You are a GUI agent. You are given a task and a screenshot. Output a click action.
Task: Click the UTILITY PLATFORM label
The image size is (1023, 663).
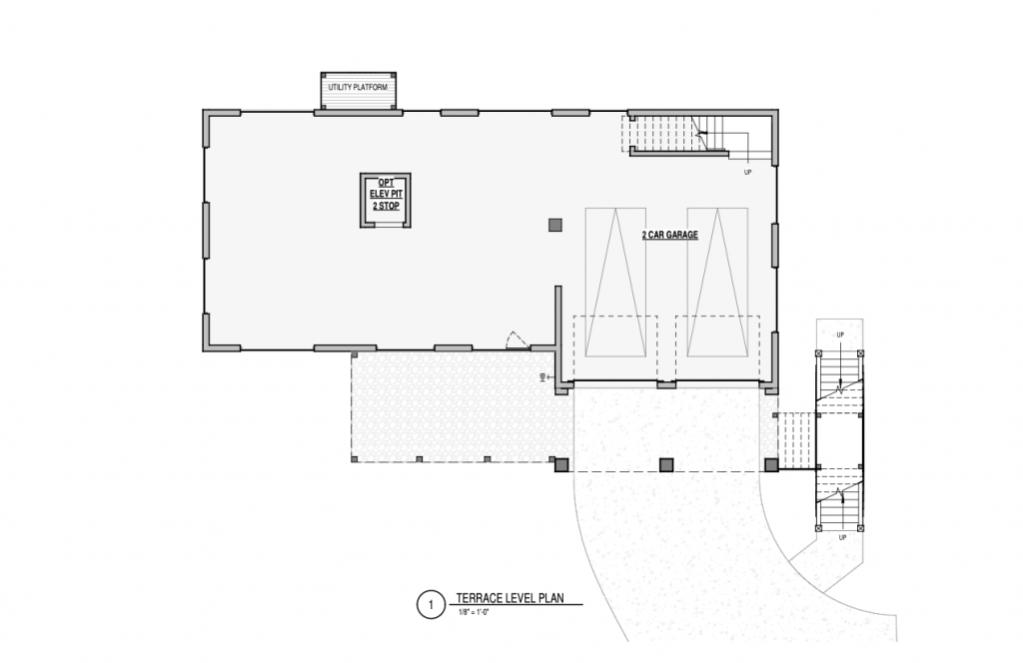coord(358,87)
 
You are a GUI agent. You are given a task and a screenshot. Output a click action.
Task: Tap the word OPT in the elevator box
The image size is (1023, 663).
coord(386,183)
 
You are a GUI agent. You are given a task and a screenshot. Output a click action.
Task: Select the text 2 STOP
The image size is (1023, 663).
coord(386,206)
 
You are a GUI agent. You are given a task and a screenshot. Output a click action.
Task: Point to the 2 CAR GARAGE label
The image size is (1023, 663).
coord(670,235)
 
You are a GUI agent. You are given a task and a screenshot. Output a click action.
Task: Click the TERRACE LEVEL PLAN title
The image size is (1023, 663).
coord(510,598)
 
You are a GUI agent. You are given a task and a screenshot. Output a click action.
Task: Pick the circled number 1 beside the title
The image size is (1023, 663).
coord(431,605)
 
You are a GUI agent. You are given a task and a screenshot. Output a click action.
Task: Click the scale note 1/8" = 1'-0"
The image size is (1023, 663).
coord(475,612)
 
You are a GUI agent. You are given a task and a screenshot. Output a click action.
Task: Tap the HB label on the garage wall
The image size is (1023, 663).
coord(542,377)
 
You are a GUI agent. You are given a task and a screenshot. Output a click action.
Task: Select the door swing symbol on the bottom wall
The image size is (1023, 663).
coord(518,340)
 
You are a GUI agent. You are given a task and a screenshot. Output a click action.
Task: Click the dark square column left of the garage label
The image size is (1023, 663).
coord(555,225)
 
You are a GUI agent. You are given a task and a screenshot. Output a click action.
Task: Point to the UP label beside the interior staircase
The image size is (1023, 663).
coord(747,173)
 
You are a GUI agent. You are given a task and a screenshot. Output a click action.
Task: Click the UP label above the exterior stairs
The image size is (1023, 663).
coord(840,335)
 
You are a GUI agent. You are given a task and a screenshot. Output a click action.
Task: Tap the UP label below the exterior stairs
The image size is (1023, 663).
coord(842,538)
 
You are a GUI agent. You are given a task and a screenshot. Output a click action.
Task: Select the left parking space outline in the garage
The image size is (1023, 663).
coord(615,283)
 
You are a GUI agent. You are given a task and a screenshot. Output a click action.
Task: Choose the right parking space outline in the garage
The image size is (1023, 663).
coord(717,283)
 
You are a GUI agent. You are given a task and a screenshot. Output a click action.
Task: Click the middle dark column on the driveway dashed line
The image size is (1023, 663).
coord(666,465)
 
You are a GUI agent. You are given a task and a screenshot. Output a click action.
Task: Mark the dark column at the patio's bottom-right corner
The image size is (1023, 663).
coord(561,465)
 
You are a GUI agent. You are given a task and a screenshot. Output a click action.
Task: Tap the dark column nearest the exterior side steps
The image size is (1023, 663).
coord(771,465)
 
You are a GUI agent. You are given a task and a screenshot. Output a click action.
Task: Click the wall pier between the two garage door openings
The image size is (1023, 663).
coord(666,385)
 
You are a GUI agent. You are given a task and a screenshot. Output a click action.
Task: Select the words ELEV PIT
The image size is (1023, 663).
coord(386,195)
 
